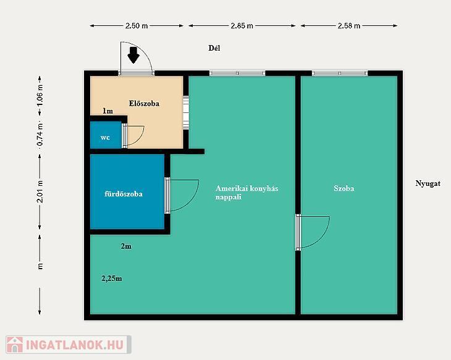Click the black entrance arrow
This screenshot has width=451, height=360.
tap(133, 55)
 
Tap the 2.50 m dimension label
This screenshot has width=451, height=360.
tap(137, 25)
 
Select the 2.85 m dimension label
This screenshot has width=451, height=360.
tap(242, 25)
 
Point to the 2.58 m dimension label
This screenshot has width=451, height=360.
tap(349, 25)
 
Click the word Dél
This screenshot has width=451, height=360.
tap(214, 48)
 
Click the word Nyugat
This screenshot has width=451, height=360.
tap(428, 183)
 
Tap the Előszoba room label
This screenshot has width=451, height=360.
tap(144, 103)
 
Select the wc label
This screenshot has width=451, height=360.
tap(105, 138)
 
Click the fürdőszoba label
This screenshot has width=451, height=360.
tap(124, 194)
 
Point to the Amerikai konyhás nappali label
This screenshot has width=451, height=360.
tap(247, 193)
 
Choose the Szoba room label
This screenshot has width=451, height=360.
tap(344, 188)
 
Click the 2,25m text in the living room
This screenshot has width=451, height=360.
tap(112, 278)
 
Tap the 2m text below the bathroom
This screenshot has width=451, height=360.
tap(126, 246)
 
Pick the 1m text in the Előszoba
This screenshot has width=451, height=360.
tap(108, 111)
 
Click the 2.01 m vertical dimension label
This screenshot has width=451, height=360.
tap(40, 191)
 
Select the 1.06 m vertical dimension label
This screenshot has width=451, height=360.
tap(40, 95)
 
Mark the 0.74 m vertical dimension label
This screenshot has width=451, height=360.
tap(40, 134)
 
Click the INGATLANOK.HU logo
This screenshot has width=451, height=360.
tap(69, 345)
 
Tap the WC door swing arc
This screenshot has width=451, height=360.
tap(141, 138)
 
